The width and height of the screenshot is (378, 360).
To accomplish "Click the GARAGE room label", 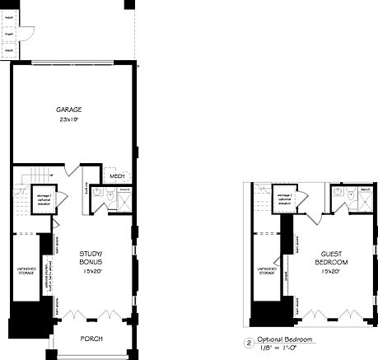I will click(68, 110).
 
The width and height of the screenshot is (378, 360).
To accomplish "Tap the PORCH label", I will click(91, 339).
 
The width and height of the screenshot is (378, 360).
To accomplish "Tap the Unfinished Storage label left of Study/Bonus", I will click(24, 271).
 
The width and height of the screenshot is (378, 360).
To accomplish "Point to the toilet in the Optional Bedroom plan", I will click(338, 194).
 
